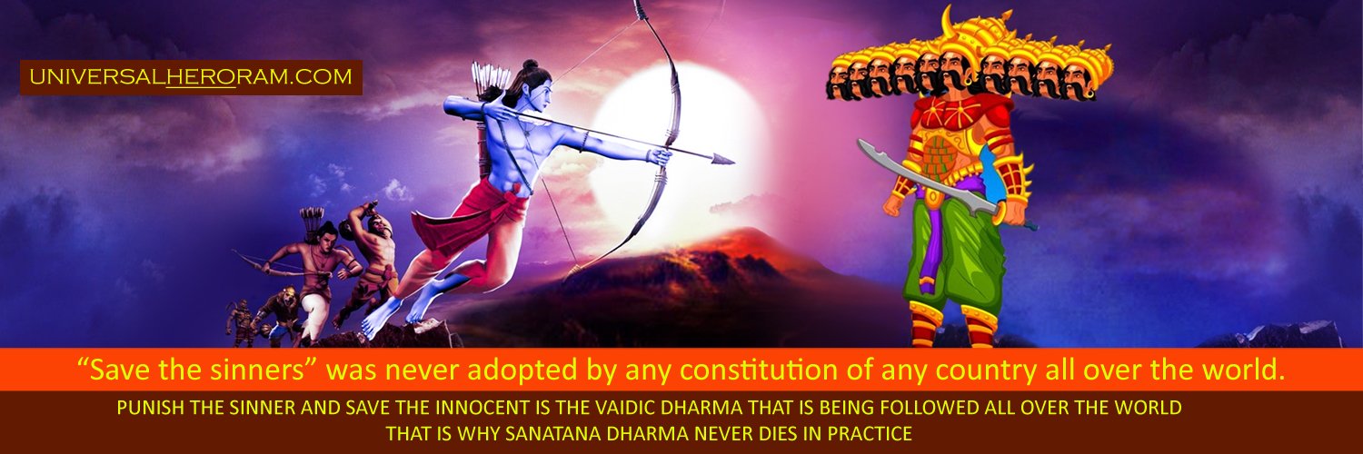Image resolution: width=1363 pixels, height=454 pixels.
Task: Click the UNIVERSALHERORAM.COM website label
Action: point(191,78)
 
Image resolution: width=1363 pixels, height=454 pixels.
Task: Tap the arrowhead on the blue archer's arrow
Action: point(724,160)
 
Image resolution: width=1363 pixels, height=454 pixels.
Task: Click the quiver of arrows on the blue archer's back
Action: point(492,86)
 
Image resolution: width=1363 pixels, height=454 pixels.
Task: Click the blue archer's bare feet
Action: point(400,313)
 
